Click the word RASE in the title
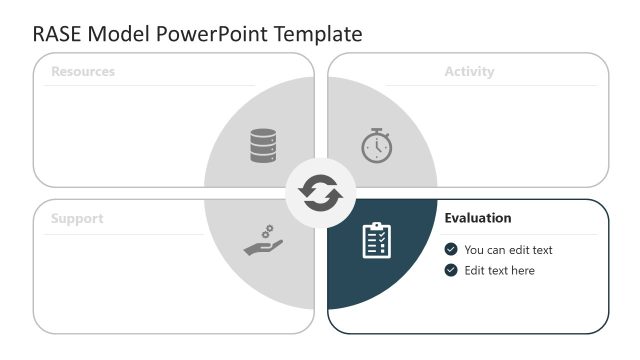click(56, 33)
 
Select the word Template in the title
click(319, 33)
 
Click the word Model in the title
click(119, 33)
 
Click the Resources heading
click(83, 72)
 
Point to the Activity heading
click(469, 72)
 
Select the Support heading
click(77, 218)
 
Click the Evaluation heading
click(478, 218)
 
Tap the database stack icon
click(264, 146)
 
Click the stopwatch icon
click(377, 146)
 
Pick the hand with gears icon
click(264, 241)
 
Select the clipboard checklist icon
click(377, 240)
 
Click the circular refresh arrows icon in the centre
click(320, 193)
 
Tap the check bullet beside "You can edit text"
click(451, 249)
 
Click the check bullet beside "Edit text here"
click(451, 270)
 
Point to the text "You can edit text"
click(508, 249)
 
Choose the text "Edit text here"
click(499, 270)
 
